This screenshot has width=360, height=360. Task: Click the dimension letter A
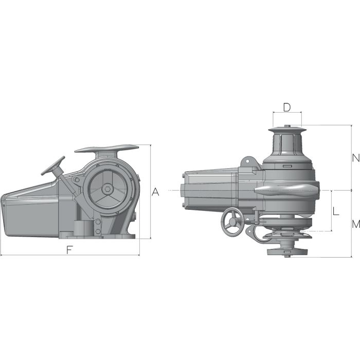tap(156, 192)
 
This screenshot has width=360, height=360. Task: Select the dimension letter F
tap(69, 249)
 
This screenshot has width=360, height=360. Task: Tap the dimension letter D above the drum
tap(287, 107)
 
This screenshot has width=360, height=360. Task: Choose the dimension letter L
tap(335, 211)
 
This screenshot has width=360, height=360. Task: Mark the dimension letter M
tap(355, 224)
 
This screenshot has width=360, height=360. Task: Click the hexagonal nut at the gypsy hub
tap(107, 189)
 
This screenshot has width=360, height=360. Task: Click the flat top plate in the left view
tap(107, 149)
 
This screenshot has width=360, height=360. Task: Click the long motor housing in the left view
tap(31, 211)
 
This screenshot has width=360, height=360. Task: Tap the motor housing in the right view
tap(211, 190)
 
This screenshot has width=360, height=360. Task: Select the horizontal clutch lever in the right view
tap(285, 191)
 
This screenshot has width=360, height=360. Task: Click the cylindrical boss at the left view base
tap(81, 227)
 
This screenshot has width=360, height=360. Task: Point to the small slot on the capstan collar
tap(287, 166)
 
